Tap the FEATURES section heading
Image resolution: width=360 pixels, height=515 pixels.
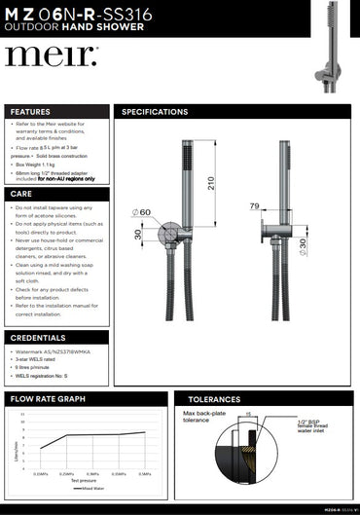(x=30, y=112)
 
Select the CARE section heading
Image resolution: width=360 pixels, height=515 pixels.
(x=21, y=195)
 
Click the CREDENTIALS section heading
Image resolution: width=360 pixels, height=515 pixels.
(x=38, y=338)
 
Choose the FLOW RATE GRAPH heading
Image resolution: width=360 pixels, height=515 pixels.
(x=48, y=399)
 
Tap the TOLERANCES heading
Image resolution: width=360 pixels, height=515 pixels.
(x=213, y=399)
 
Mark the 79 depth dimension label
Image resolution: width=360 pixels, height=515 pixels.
(x=254, y=205)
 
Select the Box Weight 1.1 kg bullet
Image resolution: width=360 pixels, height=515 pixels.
(x=36, y=165)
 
